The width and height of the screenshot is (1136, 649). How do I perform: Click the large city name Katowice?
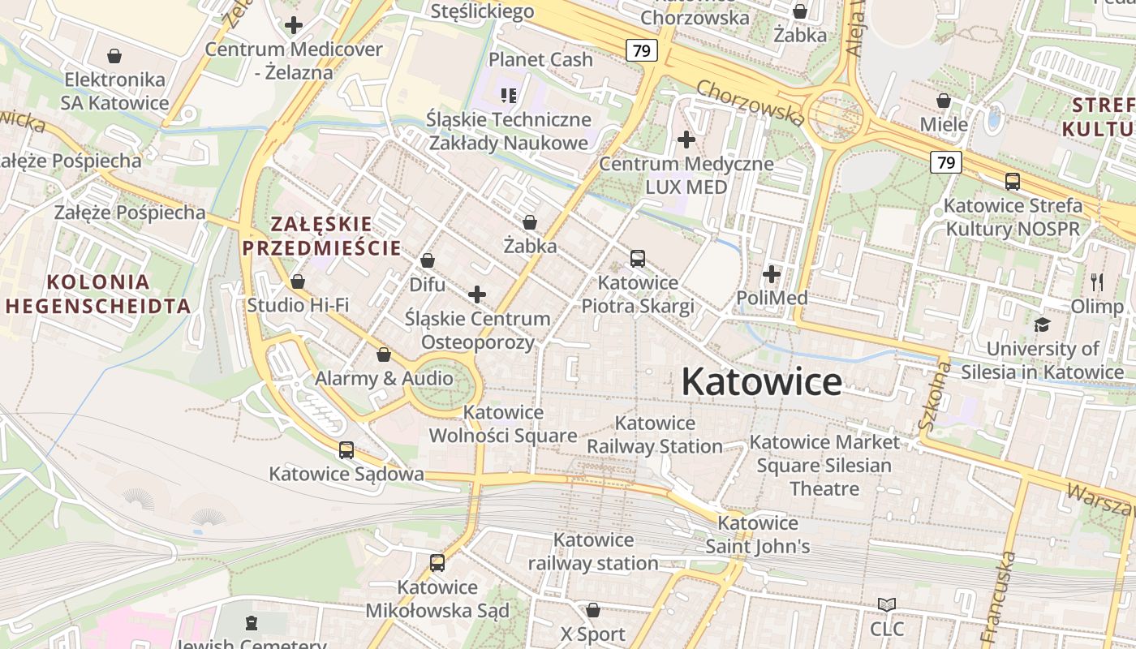pos(762,381)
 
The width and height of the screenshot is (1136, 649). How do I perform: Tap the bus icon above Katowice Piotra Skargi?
pos(638,259)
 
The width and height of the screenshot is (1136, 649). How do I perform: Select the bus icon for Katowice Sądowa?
pos(346,449)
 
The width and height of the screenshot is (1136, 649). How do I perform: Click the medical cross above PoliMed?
pos(772,274)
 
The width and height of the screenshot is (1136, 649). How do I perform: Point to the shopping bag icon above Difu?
pos(427,260)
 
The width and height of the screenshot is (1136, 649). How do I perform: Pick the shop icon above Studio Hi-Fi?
pos(298,282)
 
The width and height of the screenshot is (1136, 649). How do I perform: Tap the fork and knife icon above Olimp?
pos(1097,282)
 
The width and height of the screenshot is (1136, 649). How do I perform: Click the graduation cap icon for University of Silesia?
pos(1042,324)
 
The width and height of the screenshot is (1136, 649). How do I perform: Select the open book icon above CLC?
pos(887,604)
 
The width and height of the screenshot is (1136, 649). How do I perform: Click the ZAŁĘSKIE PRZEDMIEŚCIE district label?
pos(322,235)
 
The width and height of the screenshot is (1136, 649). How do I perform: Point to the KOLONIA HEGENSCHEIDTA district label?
pos(98,294)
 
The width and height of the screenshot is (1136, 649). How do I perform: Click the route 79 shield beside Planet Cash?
pos(641,50)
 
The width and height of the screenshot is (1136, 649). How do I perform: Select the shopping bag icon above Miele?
pos(944,101)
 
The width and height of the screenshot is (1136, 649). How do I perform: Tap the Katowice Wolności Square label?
pos(503,423)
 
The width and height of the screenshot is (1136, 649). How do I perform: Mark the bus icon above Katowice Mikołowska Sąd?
pos(437,562)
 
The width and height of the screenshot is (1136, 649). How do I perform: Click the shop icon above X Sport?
pos(593,610)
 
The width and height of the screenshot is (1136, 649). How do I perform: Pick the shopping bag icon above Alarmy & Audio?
pos(384,355)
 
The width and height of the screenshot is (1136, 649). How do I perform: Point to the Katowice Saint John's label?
pos(758,535)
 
